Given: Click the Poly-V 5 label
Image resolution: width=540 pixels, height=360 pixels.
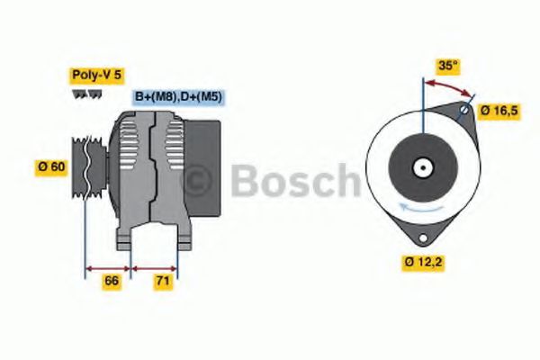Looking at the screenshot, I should click(x=94, y=76).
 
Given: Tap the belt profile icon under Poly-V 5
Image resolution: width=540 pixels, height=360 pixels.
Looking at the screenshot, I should click(x=85, y=93).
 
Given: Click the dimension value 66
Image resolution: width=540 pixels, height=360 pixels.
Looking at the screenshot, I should click(x=112, y=282).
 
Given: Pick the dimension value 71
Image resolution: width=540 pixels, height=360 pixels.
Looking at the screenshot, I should click(x=163, y=282).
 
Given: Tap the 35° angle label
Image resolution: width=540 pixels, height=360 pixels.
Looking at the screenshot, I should click(x=448, y=65).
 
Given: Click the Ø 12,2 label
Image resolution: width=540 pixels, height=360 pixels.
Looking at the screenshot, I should click(x=423, y=263).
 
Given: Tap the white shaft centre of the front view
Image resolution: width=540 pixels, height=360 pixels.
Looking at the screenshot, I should click(x=421, y=167).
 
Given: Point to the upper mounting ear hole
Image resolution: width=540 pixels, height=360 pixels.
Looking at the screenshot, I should click(x=463, y=111).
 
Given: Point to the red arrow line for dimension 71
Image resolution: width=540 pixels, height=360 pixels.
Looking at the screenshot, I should click(x=154, y=267).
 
